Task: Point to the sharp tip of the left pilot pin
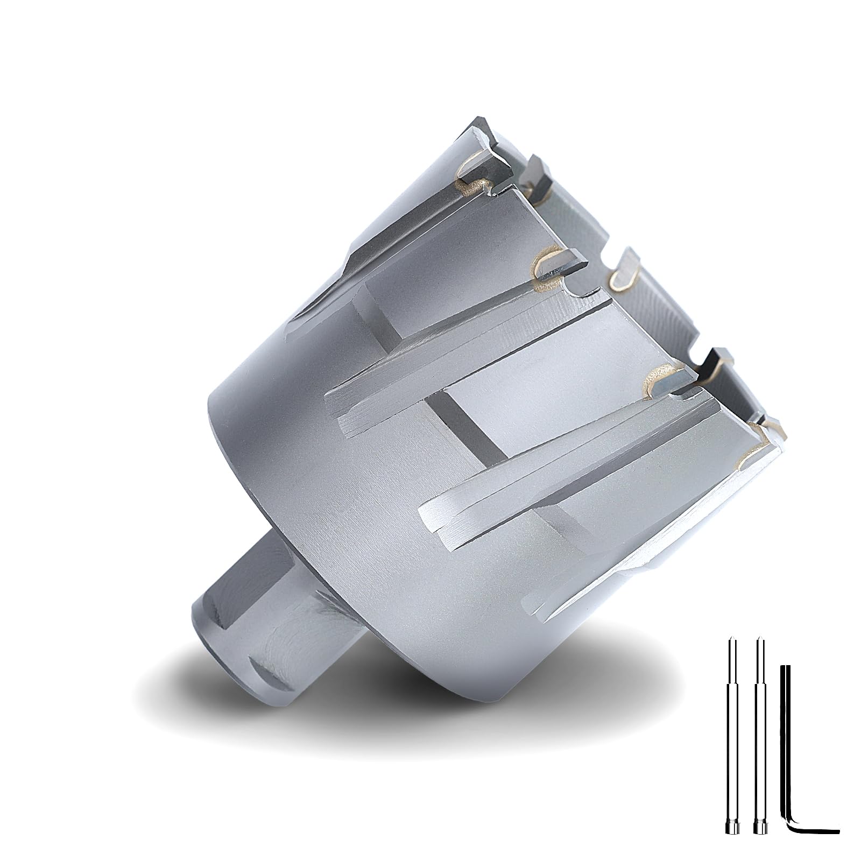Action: [731, 640]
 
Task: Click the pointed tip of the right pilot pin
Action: [760, 640]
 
